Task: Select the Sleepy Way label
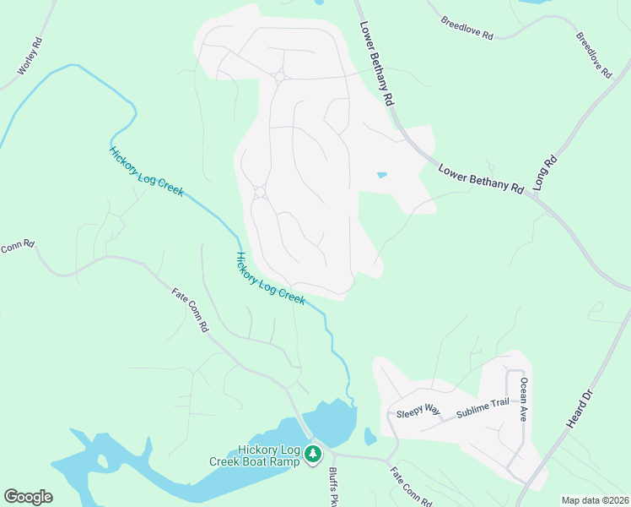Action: pyautogui.click(x=418, y=411)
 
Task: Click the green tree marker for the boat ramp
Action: pyautogui.click(x=313, y=455)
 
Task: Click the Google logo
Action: pyautogui.click(x=28, y=497)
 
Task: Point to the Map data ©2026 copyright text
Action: pyautogui.click(x=594, y=500)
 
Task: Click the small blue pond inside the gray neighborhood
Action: pyautogui.click(x=382, y=176)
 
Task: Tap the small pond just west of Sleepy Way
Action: pyautogui.click(x=369, y=437)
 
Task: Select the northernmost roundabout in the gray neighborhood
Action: pyautogui.click(x=279, y=78)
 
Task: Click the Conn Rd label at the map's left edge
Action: pyautogui.click(x=17, y=247)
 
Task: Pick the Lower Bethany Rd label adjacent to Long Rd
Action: pyautogui.click(x=481, y=179)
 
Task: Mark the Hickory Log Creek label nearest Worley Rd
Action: pyautogui.click(x=146, y=172)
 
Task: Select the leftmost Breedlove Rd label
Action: pyautogui.click(x=472, y=28)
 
